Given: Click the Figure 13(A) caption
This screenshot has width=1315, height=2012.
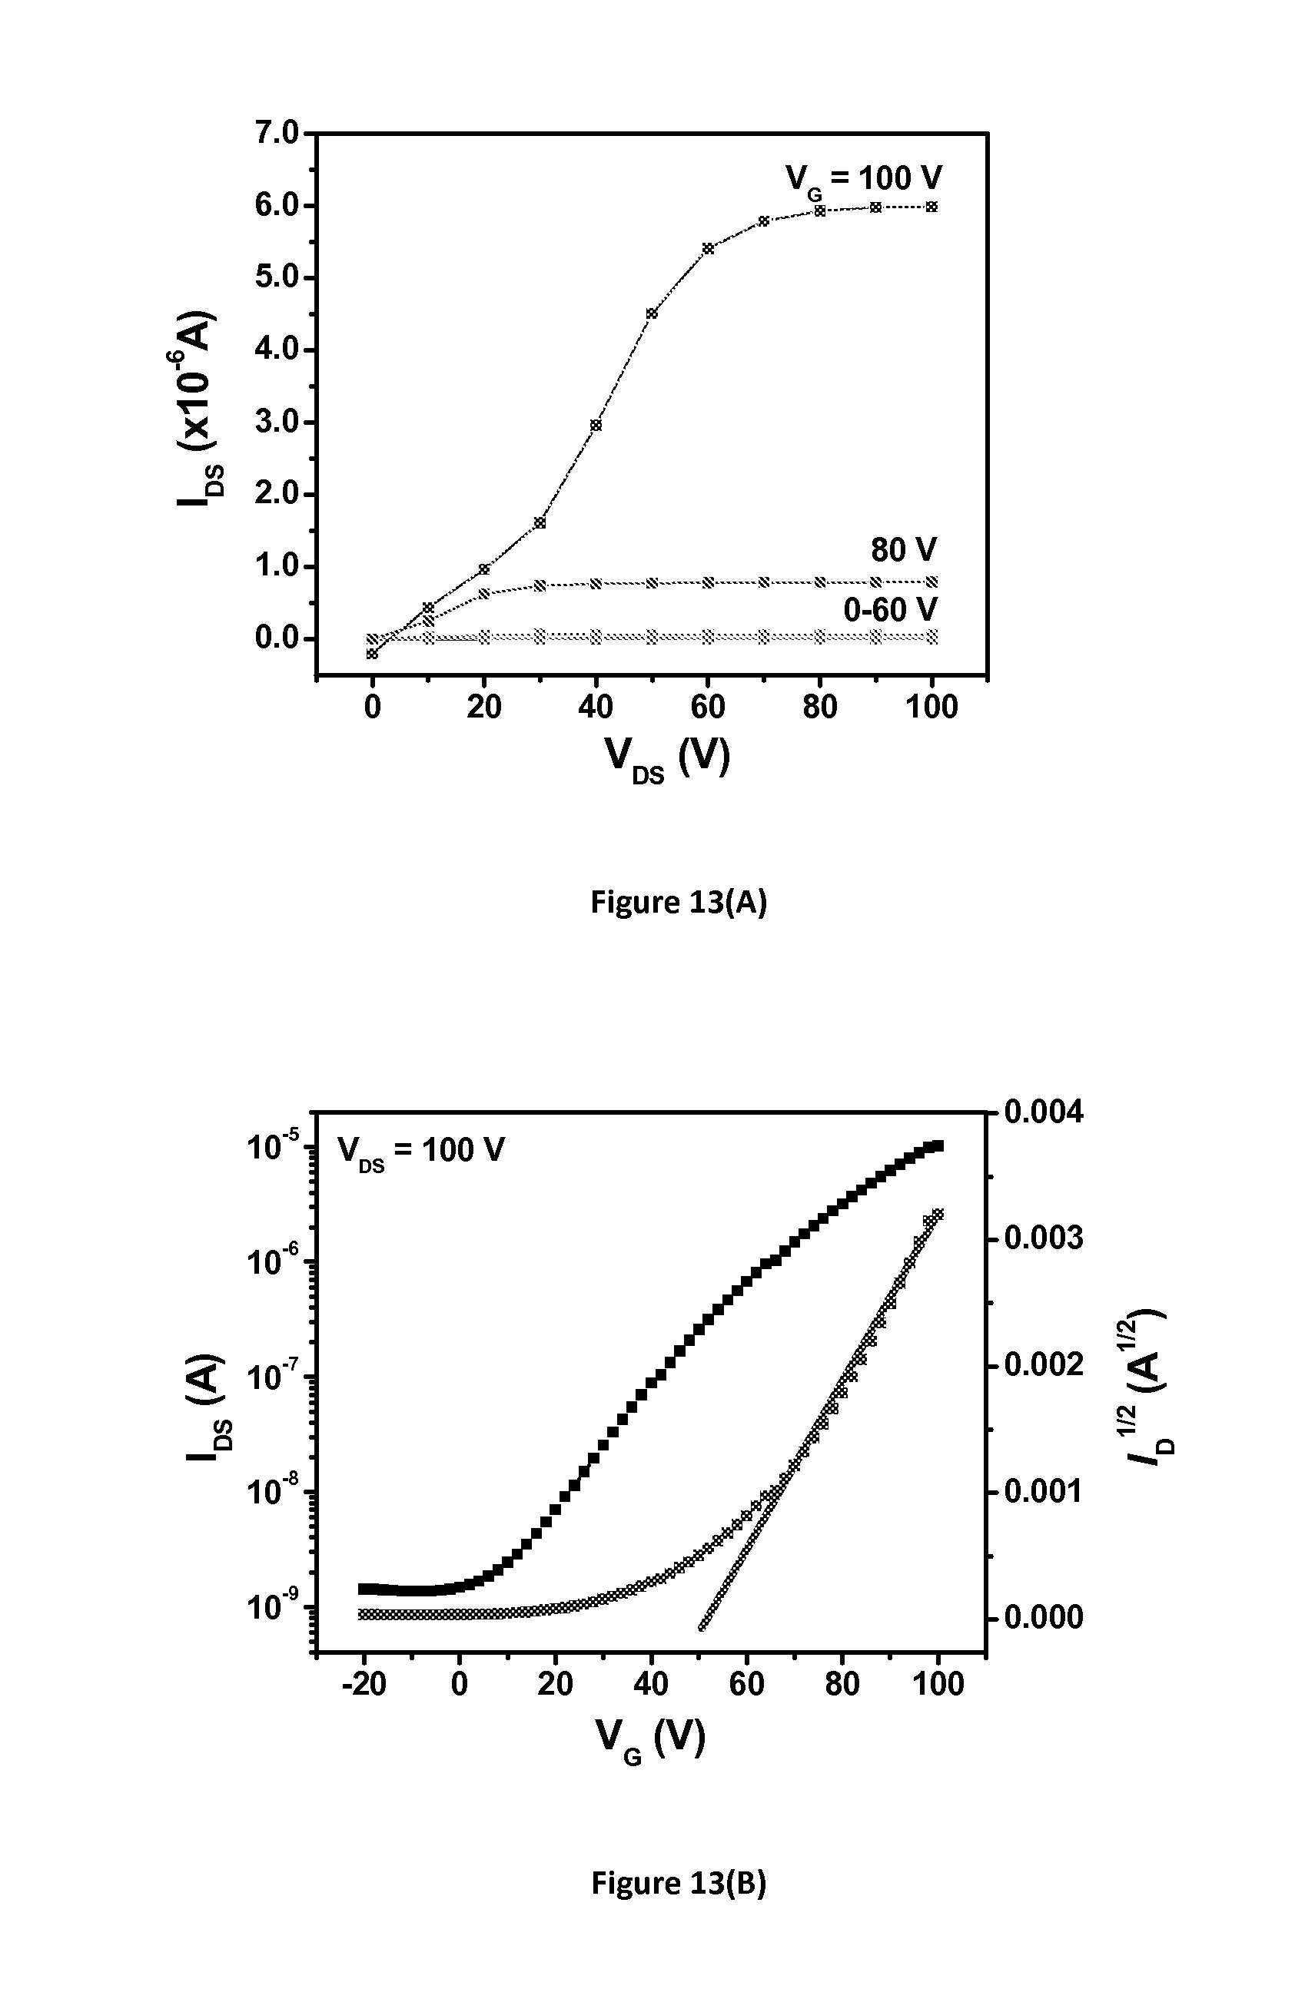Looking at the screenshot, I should coord(678,903).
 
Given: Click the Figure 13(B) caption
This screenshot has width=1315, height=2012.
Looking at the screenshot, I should coord(678,1884).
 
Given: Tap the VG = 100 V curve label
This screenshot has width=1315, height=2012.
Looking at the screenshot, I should coord(862,179).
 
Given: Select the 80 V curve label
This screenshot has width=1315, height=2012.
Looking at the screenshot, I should coord(904,550).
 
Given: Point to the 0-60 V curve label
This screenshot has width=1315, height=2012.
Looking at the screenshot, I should coord(891,609).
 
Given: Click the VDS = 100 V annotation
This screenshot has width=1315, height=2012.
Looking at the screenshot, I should coord(420,1151).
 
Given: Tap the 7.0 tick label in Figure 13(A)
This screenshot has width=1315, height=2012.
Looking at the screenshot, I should coord(277,134).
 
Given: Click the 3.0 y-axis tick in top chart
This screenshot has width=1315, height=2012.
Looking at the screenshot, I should coord(277,422).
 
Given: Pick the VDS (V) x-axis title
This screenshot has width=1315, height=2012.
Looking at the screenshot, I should coord(666,757).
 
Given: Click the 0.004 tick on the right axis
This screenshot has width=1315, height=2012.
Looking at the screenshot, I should coord(1043,1112).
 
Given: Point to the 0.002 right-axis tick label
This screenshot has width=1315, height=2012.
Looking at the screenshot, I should coord(1043,1364).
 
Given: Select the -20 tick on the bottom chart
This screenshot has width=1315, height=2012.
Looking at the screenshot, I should coord(364,1684).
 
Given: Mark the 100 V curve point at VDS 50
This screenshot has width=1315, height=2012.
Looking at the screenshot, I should coord(652,313).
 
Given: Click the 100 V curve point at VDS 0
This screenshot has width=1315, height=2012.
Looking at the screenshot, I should coord(372,654).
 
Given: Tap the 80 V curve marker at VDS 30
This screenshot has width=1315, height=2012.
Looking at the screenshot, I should coord(540,585).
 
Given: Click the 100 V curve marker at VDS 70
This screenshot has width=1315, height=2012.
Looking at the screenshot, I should coord(764,221).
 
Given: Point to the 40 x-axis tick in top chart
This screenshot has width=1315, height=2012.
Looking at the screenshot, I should coord(596,707).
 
